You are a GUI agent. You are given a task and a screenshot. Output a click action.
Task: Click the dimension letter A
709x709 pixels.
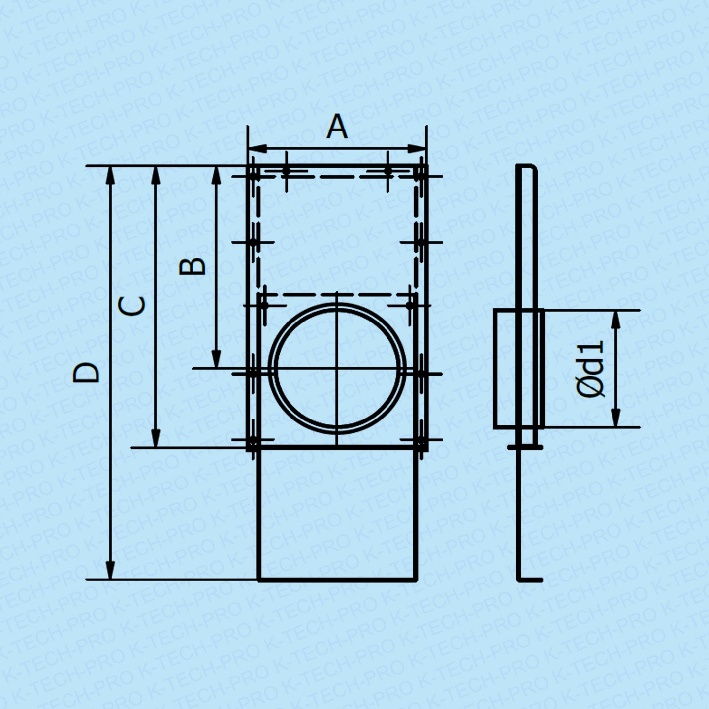point(337,127)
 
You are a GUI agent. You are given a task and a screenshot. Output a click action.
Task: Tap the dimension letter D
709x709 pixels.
point(87,373)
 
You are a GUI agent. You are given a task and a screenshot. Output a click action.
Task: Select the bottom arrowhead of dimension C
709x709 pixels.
point(156,439)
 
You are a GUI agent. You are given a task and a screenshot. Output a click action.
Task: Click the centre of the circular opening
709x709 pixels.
point(337,368)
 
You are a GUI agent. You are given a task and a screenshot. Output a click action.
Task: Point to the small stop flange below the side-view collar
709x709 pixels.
point(525,447)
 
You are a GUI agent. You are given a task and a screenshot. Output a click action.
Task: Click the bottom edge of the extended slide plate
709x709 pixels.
point(337,580)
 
